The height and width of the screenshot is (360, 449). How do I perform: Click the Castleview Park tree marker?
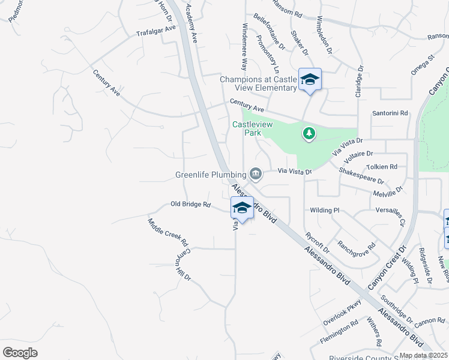pyautogui.click(x=309, y=133)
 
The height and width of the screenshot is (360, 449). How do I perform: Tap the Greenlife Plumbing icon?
pyautogui.click(x=256, y=175)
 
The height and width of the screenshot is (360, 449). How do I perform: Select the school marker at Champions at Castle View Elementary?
pyautogui.click(x=310, y=80)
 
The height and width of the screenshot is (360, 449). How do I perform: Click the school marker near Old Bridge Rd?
pyautogui.click(x=242, y=208)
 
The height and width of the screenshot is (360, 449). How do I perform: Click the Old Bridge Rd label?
pyautogui.click(x=190, y=205)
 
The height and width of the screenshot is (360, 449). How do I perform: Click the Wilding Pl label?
pyautogui.click(x=325, y=211)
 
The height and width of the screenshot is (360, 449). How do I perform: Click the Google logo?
pyautogui.click(x=20, y=352)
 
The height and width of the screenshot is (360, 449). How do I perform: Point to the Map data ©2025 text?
pyautogui.click(x=423, y=355)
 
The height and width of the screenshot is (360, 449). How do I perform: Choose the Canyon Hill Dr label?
pyautogui.click(x=182, y=265)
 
